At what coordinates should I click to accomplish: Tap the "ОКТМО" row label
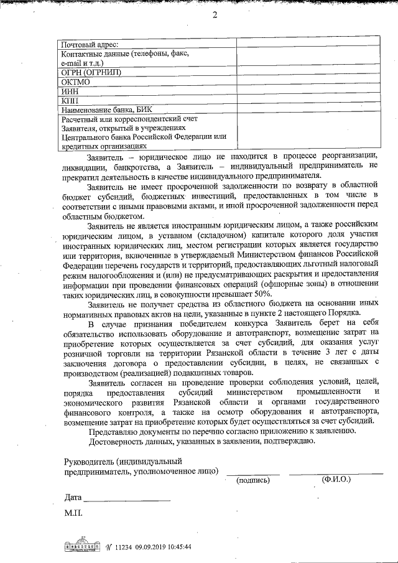coord(76,81)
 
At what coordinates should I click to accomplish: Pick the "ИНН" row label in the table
coord(70,91)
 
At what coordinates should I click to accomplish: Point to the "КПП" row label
coord(70,100)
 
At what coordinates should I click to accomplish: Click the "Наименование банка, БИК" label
coord(106,109)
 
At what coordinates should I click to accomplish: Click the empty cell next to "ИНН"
coord(308,91)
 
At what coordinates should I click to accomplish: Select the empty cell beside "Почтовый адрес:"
coord(308,44)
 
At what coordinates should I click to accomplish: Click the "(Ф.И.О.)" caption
coord(336,480)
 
